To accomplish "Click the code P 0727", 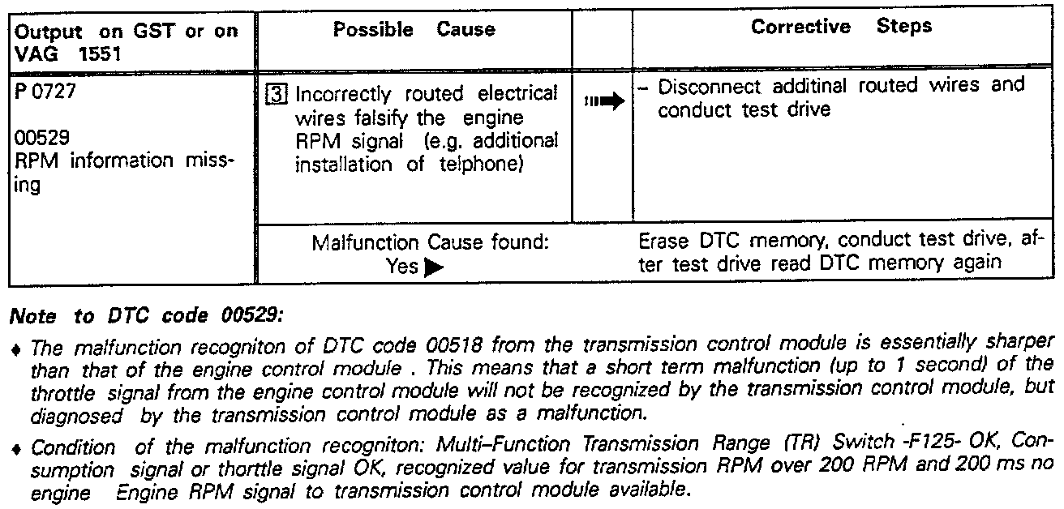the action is tap(45, 92).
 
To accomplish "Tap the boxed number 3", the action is tap(274, 94).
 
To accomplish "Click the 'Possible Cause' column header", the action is tap(414, 30).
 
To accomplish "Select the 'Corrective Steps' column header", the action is tap(841, 27).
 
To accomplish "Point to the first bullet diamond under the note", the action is tap(19, 349).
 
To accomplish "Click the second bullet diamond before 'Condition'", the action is tap(19, 447).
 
